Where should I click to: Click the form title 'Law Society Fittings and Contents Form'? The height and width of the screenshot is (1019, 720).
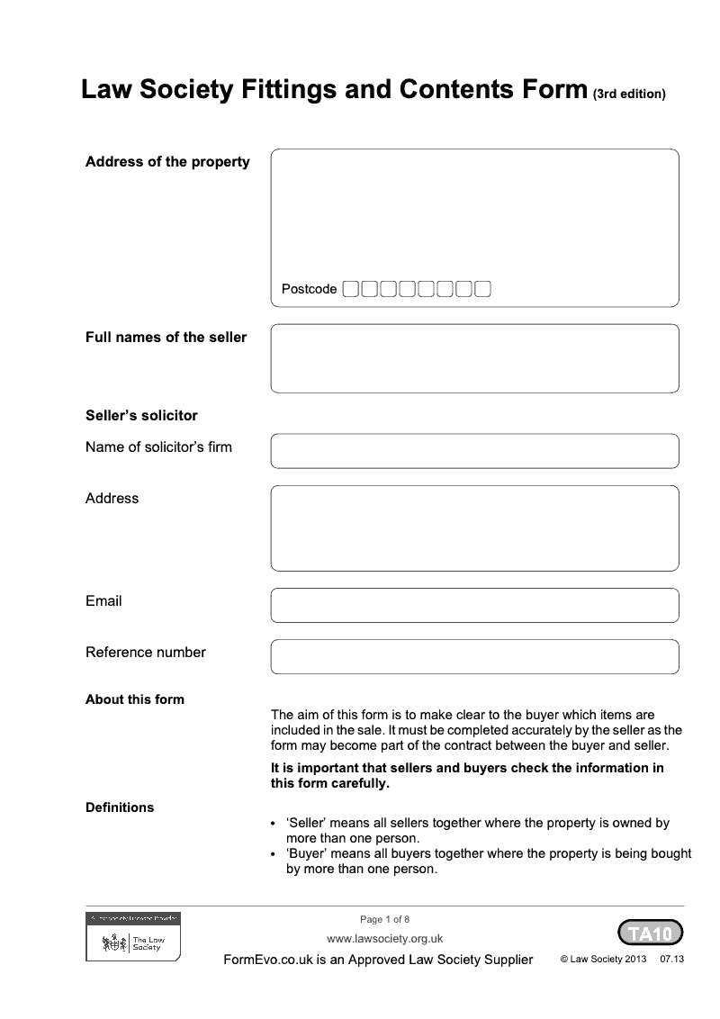(x=334, y=90)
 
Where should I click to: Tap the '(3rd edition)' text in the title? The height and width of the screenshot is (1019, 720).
(x=629, y=94)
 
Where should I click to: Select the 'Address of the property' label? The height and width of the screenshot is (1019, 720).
(x=167, y=162)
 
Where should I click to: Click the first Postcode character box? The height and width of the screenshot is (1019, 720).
(x=351, y=289)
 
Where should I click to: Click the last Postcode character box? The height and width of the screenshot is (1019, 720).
(x=482, y=289)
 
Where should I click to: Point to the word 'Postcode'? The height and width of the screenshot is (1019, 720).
(x=309, y=289)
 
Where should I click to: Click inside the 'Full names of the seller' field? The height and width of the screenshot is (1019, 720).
(x=474, y=358)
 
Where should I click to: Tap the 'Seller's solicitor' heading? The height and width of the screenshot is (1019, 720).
(x=141, y=416)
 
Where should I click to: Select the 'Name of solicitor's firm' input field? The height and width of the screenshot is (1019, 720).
(x=474, y=451)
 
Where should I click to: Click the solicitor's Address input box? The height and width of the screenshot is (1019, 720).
(x=474, y=528)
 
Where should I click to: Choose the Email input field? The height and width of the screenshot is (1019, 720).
(x=474, y=605)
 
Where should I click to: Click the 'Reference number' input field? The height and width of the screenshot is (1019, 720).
(x=474, y=656)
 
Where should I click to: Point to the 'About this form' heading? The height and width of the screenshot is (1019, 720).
(x=134, y=699)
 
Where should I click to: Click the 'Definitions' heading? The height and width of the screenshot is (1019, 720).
(x=120, y=807)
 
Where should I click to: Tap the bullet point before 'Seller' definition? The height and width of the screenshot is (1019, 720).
(x=274, y=824)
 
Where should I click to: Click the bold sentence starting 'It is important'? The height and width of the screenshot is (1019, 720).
(x=467, y=775)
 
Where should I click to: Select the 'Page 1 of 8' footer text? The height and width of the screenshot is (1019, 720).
(x=384, y=919)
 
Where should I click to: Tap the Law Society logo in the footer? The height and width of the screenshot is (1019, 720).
(x=133, y=938)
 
